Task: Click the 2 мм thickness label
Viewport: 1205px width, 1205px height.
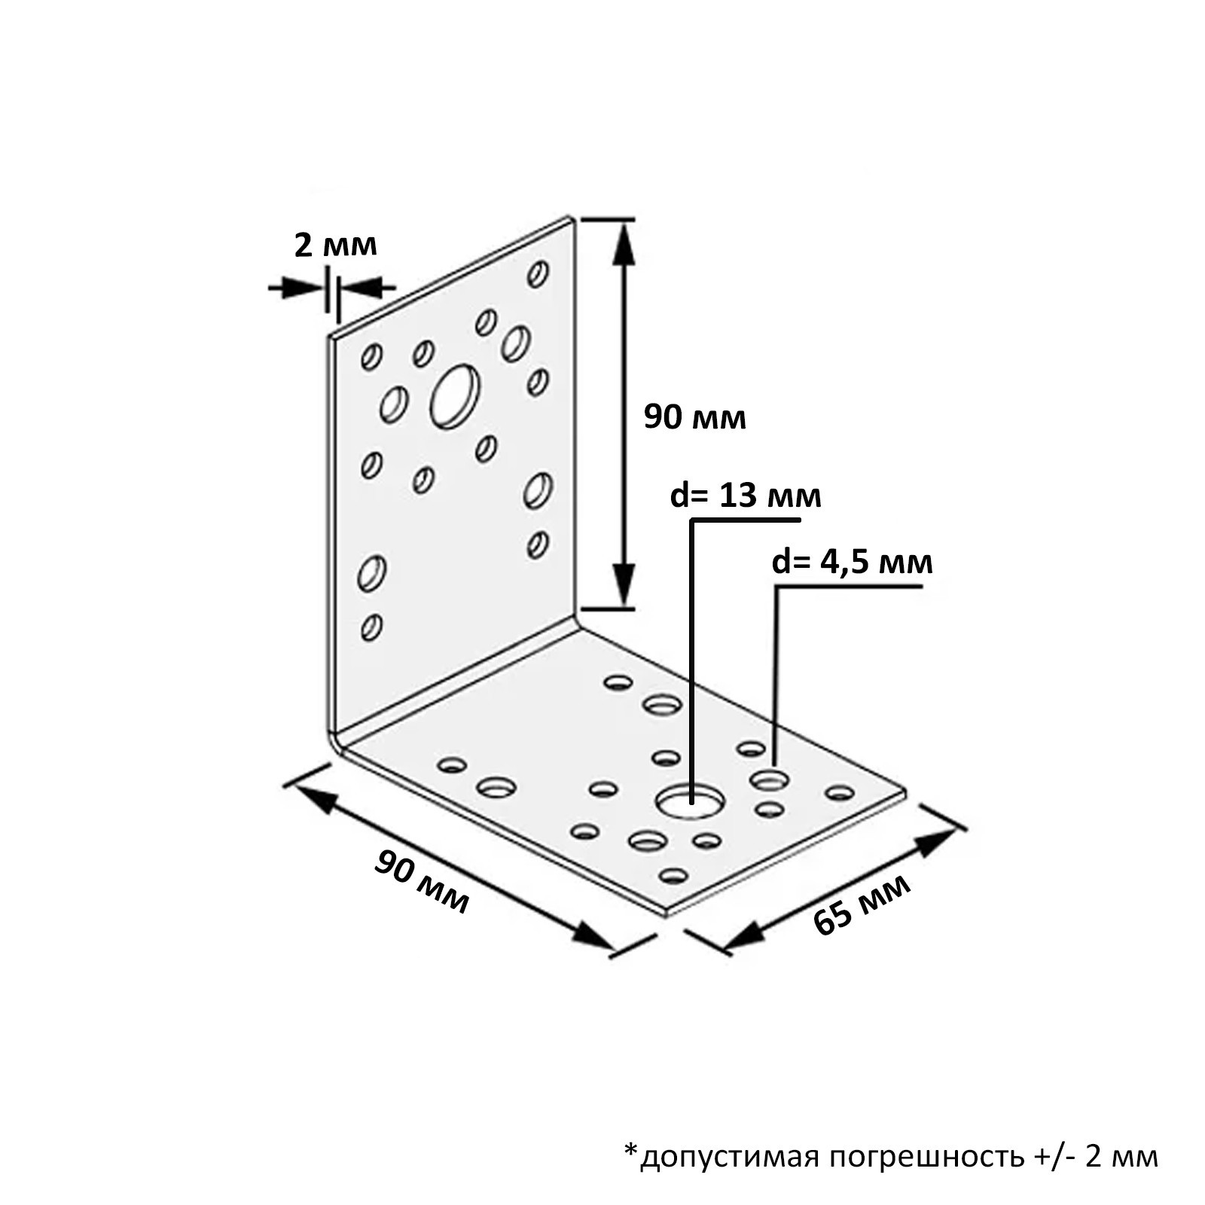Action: pyautogui.click(x=335, y=246)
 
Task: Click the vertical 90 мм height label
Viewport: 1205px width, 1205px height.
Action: pyautogui.click(x=694, y=417)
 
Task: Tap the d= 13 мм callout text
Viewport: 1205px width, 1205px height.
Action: pyautogui.click(x=746, y=496)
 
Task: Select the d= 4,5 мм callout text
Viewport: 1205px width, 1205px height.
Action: pyautogui.click(x=852, y=563)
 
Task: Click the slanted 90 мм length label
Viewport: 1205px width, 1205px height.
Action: pyautogui.click(x=422, y=882)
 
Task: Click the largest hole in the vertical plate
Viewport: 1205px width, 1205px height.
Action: pyautogui.click(x=455, y=396)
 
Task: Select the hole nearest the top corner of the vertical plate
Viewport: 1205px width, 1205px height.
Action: pyautogui.click(x=538, y=274)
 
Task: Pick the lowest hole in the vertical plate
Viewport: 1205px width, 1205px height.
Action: pyautogui.click(x=371, y=627)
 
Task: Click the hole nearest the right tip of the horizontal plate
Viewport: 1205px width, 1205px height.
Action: pyautogui.click(x=840, y=792)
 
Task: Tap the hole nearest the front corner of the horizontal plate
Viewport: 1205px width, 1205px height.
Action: pyautogui.click(x=673, y=875)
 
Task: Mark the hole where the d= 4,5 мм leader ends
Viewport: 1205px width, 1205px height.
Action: pyautogui.click(x=769, y=780)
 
